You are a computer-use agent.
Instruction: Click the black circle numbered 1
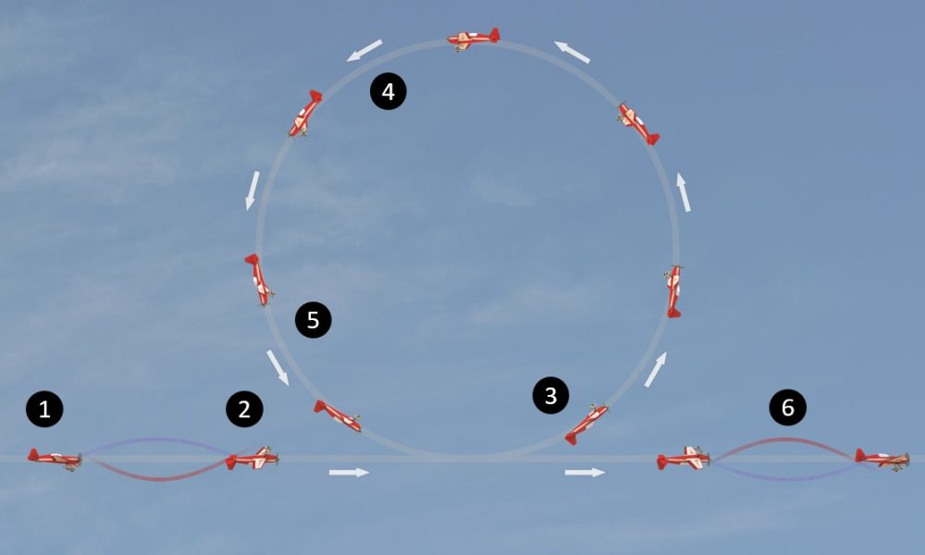(x=45, y=409)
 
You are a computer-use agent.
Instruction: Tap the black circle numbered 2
(x=244, y=409)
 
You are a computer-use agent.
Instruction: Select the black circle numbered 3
(x=551, y=395)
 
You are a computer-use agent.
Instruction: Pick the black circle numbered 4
(x=388, y=92)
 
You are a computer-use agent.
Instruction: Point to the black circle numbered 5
(x=313, y=320)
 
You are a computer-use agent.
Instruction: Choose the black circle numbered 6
(x=787, y=408)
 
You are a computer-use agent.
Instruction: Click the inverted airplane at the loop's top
(x=474, y=39)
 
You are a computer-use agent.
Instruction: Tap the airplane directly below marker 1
(x=55, y=457)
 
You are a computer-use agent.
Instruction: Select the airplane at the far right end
(x=882, y=458)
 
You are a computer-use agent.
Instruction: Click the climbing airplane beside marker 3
(x=586, y=423)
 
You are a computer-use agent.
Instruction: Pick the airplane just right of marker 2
(x=253, y=457)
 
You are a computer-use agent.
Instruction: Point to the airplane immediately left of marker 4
(x=304, y=114)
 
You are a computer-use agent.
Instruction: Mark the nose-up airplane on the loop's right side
(x=673, y=290)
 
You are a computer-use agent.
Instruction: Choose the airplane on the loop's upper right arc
(x=637, y=123)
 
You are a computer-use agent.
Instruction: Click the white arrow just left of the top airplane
(x=365, y=50)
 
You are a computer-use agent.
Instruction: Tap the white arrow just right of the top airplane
(x=573, y=52)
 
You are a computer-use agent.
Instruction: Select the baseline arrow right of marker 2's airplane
(x=349, y=473)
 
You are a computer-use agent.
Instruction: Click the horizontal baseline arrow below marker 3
(x=585, y=473)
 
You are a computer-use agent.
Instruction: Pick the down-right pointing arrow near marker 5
(x=277, y=367)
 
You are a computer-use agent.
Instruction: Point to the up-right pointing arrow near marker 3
(x=655, y=368)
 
